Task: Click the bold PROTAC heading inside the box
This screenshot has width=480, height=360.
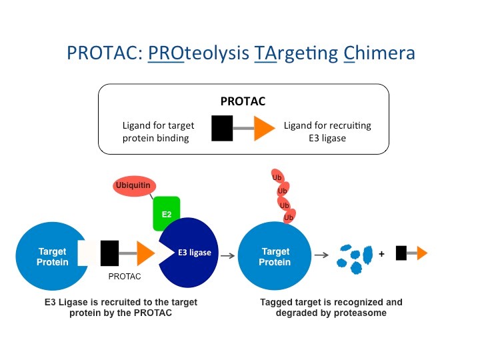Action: click(243, 101)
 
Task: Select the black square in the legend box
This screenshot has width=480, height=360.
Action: click(222, 128)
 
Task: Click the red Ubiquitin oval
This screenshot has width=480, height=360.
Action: click(135, 185)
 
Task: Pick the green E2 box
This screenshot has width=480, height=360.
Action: click(166, 213)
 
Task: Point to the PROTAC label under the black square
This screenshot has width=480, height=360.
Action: click(125, 277)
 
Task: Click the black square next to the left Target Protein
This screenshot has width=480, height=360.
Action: click(109, 253)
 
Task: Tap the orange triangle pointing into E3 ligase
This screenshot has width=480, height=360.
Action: click(146, 253)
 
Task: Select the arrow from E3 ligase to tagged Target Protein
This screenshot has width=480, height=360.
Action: click(227, 255)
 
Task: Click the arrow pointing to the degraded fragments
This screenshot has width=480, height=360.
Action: click(321, 255)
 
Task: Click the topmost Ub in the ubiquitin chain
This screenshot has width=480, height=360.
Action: click(277, 177)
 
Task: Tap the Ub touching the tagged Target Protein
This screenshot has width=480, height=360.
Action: click(289, 217)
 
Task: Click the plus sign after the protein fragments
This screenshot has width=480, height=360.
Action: click(381, 254)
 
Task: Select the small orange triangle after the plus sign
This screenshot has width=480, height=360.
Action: click(422, 253)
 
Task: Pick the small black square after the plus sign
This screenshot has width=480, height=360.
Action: click(401, 253)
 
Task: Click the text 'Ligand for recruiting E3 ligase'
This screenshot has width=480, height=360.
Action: click(327, 131)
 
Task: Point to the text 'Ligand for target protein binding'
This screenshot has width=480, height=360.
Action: click(158, 131)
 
